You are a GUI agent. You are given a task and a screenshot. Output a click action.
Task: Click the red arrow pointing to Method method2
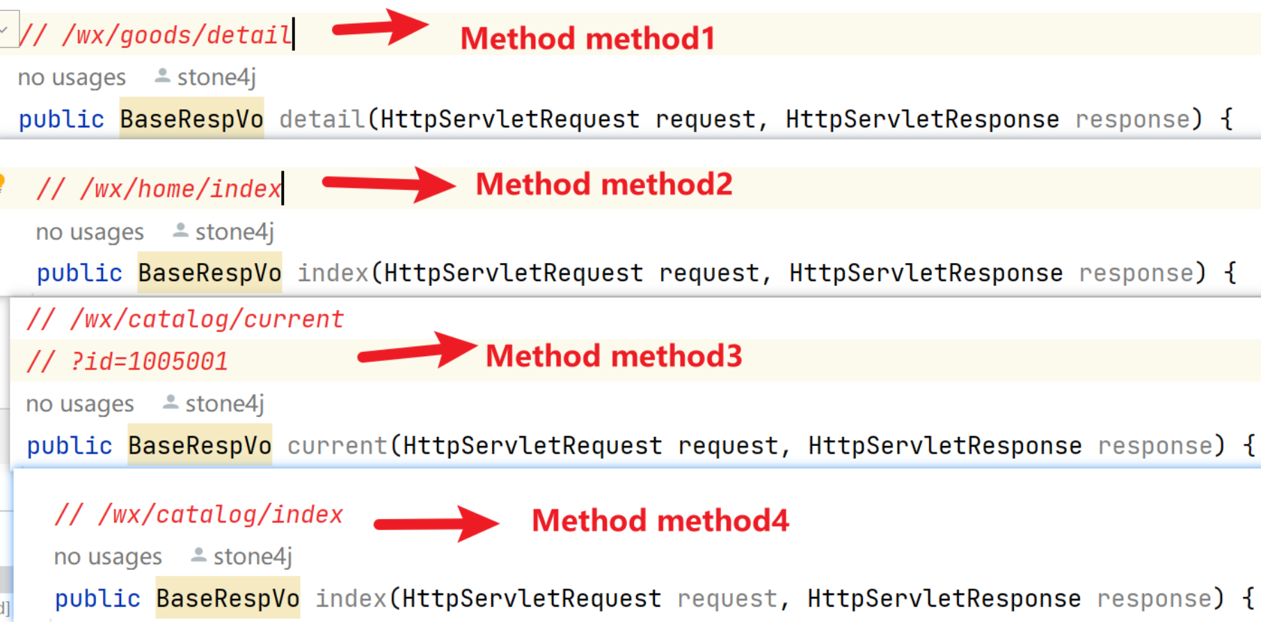tap(388, 184)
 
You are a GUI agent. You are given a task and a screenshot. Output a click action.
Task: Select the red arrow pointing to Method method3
tap(417, 350)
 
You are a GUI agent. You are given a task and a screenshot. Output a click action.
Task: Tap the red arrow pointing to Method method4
tap(436, 523)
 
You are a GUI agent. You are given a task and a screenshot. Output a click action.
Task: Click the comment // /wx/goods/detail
tap(155, 35)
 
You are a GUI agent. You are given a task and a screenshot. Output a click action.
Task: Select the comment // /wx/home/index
tap(159, 189)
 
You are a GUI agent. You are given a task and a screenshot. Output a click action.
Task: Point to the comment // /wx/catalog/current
tap(185, 319)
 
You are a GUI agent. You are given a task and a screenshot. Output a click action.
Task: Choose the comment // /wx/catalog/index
tap(199, 515)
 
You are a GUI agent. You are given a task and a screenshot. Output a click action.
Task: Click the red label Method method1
tap(588, 38)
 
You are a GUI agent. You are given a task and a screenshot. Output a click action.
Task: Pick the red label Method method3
tap(614, 356)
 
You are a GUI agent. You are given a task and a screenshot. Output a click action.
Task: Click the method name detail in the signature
tap(322, 120)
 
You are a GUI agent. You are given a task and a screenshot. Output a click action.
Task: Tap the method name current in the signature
tap(338, 445)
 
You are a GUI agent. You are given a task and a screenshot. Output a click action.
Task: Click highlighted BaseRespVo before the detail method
tap(191, 120)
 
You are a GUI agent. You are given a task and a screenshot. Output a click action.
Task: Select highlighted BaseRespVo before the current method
tap(200, 445)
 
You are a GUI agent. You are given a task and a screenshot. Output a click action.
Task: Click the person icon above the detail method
tap(162, 76)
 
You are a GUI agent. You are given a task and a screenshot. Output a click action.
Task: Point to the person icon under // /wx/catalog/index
tap(198, 555)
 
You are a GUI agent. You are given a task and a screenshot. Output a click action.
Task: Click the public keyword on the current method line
tap(70, 446)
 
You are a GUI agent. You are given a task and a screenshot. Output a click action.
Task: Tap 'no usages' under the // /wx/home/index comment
tap(90, 232)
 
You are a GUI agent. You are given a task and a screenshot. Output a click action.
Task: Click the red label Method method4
tap(660, 521)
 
